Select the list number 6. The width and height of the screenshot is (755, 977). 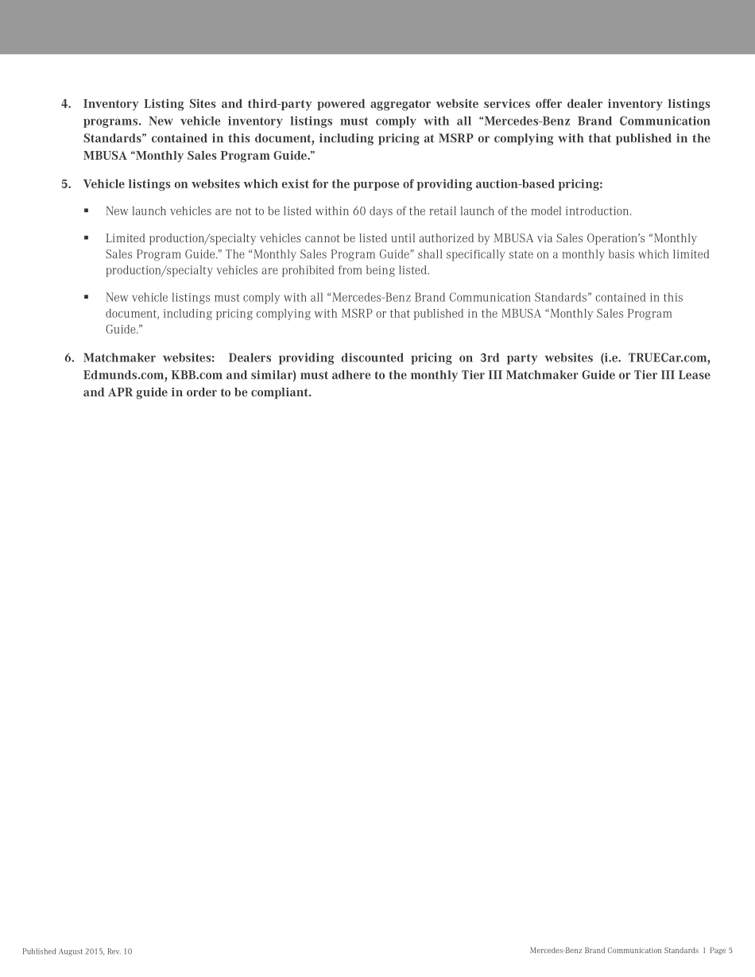68,358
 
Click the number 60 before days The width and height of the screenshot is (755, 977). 358,211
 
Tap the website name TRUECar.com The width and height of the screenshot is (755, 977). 669,358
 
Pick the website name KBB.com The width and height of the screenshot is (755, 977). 197,375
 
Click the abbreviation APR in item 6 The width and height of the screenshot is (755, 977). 120,392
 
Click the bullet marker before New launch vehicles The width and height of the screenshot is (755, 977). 86,211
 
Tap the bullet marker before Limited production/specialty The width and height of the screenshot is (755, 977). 86,238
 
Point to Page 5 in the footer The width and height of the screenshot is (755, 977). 721,951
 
